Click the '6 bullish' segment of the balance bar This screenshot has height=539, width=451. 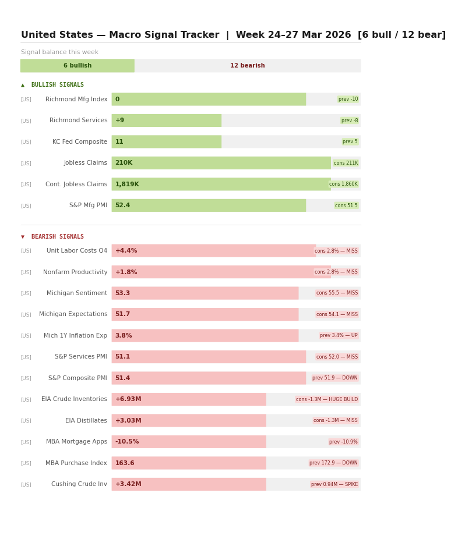[77, 66]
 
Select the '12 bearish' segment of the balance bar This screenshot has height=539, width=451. [247, 66]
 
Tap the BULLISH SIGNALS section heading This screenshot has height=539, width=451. [57, 85]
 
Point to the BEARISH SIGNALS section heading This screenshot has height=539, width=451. [57, 237]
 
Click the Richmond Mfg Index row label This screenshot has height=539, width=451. [76, 100]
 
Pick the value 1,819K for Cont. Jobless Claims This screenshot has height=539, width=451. [127, 185]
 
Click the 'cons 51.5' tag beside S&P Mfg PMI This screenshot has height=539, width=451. [346, 205]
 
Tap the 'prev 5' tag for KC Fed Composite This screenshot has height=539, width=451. [350, 142]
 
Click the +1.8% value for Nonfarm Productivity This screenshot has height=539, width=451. [126, 272]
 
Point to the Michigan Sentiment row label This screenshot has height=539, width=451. [77, 293]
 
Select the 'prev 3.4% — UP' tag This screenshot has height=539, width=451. [339, 336]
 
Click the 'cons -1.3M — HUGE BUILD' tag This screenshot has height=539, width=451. [327, 399]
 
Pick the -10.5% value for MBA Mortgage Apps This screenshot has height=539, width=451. [127, 442]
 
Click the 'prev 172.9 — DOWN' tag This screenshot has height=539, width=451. [333, 463]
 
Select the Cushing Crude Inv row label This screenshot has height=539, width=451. [79, 484]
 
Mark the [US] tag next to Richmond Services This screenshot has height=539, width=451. [26, 121]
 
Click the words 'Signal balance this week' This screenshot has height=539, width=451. [59, 52]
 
